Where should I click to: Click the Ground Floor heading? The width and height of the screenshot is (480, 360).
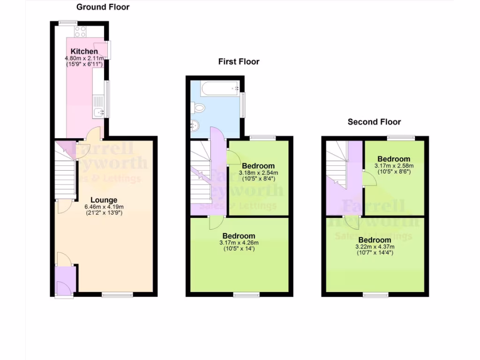(103, 7)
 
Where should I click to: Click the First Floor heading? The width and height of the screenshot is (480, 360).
(239, 61)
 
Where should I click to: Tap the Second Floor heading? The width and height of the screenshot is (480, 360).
(374, 122)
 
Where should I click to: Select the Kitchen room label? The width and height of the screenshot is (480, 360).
(84, 51)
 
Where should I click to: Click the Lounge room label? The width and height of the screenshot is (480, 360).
(104, 200)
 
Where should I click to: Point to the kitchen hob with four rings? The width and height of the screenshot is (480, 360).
(80, 31)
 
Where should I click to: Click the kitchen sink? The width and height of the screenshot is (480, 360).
(98, 112)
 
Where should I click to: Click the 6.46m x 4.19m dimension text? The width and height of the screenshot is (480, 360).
(104, 207)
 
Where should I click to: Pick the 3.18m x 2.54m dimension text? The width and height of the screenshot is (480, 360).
(258, 172)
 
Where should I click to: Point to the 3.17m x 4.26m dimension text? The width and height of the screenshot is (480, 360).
(239, 242)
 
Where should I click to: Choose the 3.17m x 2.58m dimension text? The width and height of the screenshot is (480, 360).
(394, 165)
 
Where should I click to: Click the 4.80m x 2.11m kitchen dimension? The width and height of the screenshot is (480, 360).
(84, 58)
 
